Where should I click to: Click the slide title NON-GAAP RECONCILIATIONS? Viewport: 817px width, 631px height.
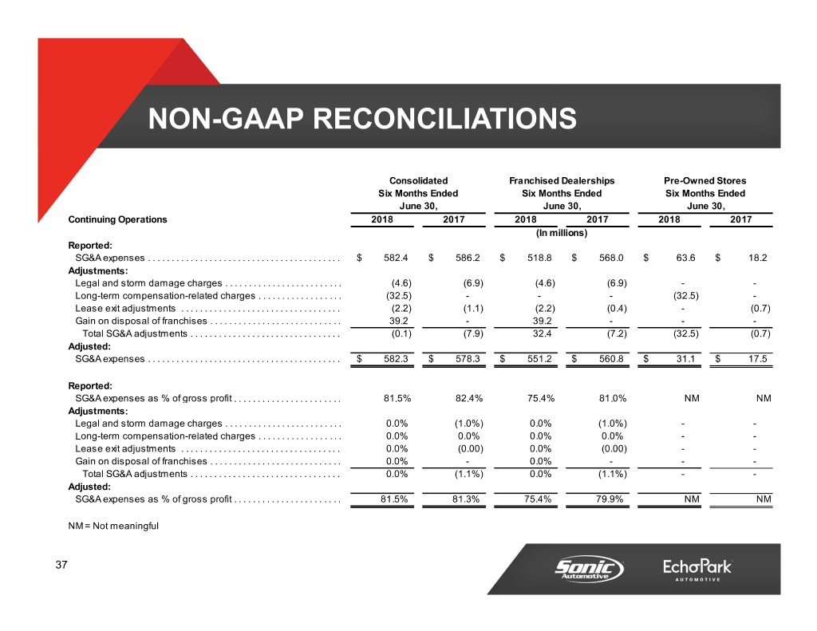pyautogui.click(x=361, y=120)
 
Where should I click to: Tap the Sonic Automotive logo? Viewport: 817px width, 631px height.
pyautogui.click(x=589, y=570)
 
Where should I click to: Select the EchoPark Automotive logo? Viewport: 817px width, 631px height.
pyautogui.click(x=697, y=570)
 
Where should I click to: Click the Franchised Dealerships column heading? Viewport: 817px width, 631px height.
pyautogui.click(x=561, y=180)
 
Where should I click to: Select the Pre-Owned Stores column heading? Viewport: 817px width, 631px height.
pyautogui.click(x=705, y=180)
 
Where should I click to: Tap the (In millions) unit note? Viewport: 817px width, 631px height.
pyautogui.click(x=561, y=233)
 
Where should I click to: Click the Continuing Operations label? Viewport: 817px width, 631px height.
pyautogui.click(x=118, y=219)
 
